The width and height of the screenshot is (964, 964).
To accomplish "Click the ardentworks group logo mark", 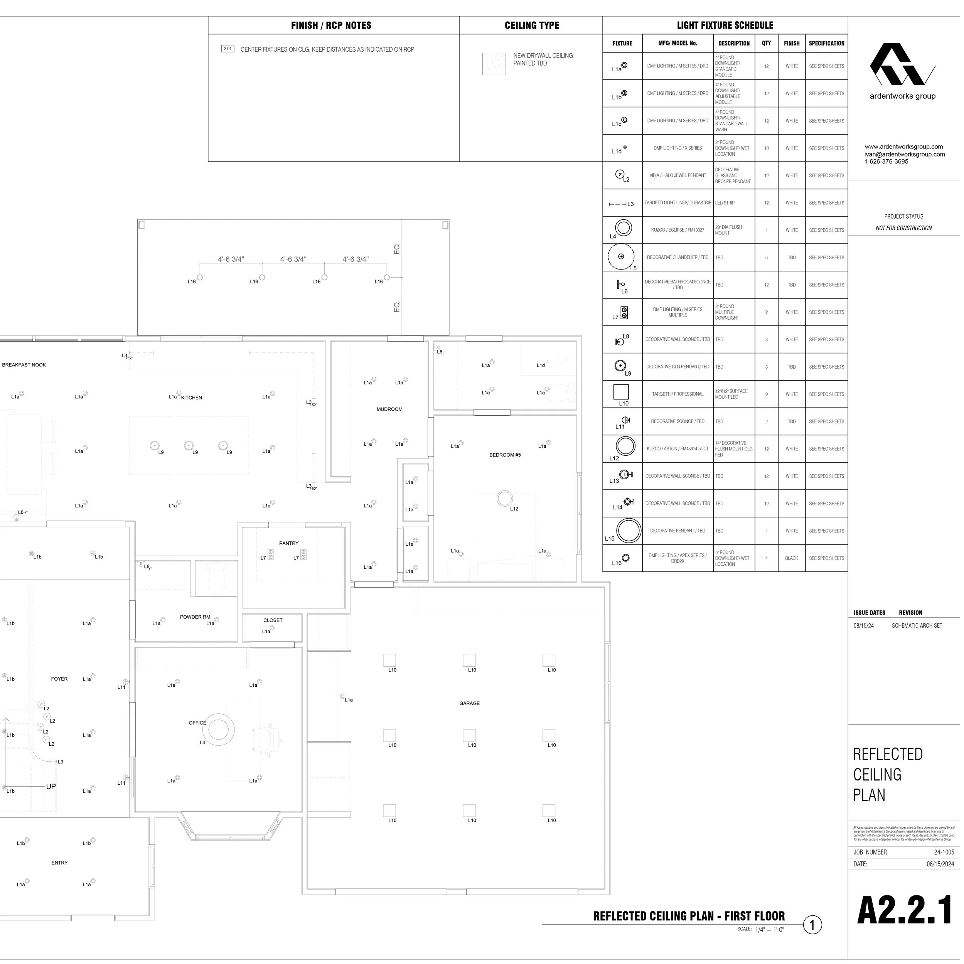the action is click(902, 64).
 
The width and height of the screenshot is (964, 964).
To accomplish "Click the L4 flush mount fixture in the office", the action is click(218, 730).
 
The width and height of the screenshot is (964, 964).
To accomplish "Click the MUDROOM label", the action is click(389, 409).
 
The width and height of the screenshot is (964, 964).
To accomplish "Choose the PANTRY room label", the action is click(289, 543).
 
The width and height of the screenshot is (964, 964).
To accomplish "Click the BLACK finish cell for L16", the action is click(791, 558).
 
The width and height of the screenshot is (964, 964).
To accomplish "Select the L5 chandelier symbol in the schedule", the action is click(621, 257).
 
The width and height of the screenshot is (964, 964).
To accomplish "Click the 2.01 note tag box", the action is click(228, 49).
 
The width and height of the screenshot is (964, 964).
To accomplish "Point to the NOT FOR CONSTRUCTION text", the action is click(903, 228).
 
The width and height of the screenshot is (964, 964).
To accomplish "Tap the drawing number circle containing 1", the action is click(812, 925).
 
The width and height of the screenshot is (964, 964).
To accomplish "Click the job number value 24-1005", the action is click(944, 852).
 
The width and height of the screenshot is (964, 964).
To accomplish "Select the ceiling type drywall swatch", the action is click(494, 64).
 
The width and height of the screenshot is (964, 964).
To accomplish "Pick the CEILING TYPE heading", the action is click(531, 25).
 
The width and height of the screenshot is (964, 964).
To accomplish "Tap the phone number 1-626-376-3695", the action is click(886, 162).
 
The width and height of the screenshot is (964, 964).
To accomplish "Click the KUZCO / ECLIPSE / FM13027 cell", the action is click(677, 230).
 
